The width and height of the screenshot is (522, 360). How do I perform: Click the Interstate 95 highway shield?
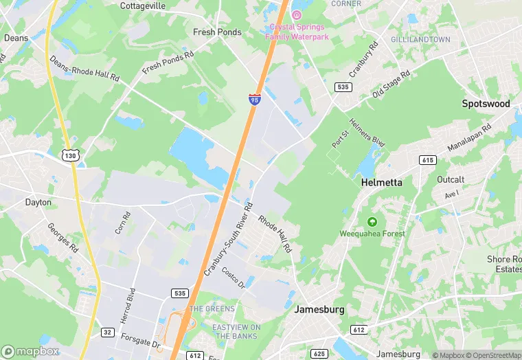click(255, 100)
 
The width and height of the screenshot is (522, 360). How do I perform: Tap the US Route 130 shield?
click(69, 156)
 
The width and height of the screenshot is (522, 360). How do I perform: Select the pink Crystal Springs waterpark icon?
click(297, 14)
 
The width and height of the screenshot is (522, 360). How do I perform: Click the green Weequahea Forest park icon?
click(372, 221)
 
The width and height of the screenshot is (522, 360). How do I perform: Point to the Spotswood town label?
click(486, 104)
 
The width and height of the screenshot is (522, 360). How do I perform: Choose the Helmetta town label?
click(381, 183)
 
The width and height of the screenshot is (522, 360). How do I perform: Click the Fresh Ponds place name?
click(217, 32)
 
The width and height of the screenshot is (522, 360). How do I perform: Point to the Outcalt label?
click(451, 179)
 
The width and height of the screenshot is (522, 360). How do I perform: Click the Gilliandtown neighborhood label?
click(420, 40)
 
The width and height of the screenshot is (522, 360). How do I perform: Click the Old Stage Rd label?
click(391, 82)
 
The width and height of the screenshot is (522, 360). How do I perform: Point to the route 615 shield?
click(428, 159)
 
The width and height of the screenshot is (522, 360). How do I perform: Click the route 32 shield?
click(108, 332)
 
